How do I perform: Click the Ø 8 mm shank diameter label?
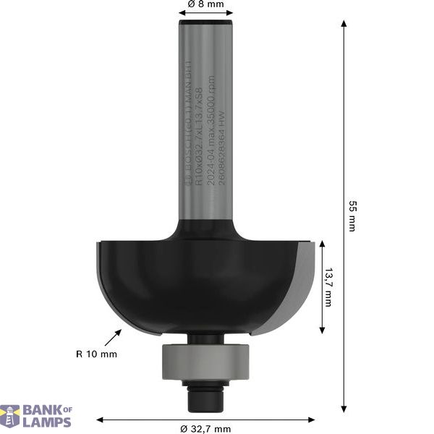click(205, 4)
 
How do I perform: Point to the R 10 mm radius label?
click(95, 354)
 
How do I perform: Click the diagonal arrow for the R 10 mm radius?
click(114, 337)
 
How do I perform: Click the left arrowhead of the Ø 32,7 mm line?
click(101, 419)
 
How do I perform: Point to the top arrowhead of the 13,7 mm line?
click(321, 245)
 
